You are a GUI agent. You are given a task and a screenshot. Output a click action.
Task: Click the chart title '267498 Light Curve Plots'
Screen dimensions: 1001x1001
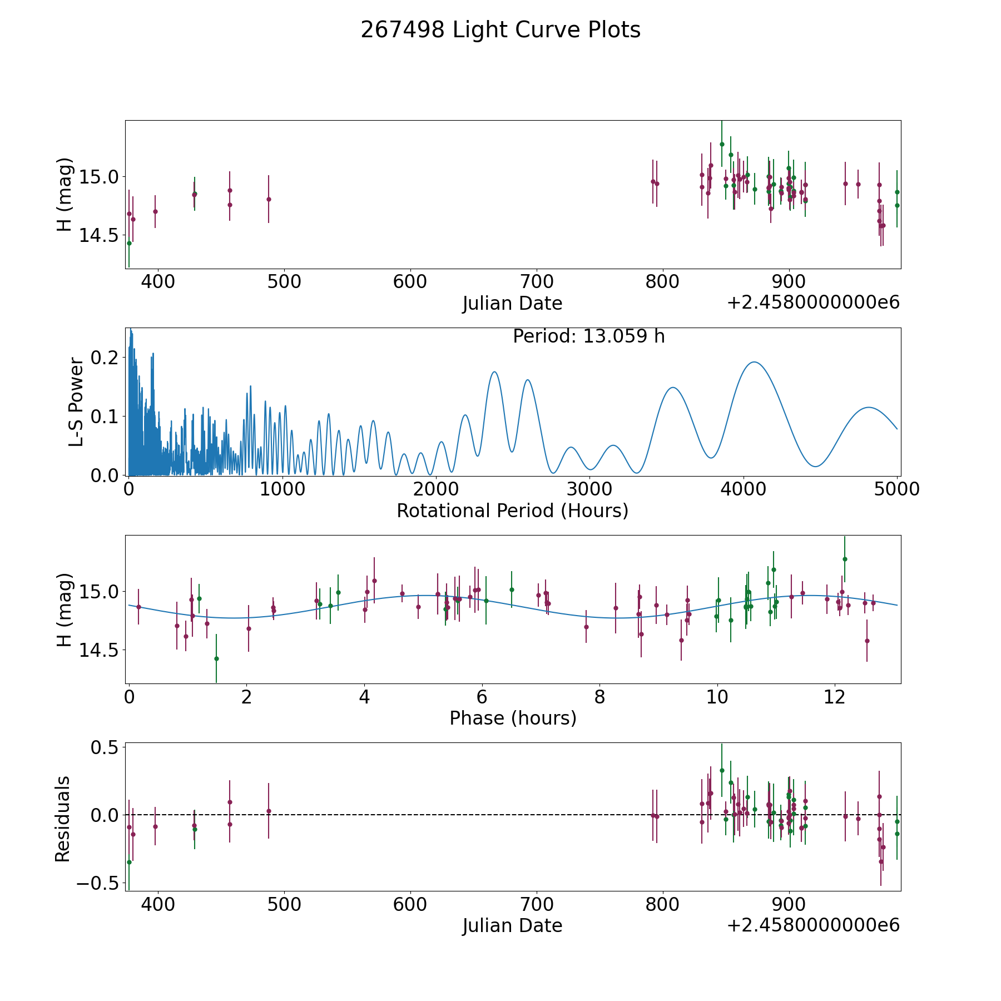(x=500, y=30)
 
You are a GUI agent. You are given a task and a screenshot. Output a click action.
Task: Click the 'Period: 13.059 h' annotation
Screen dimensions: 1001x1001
(x=588, y=336)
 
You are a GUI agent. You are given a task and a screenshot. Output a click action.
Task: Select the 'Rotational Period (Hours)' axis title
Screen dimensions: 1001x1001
(x=512, y=511)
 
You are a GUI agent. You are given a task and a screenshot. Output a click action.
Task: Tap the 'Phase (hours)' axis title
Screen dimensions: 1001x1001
(x=513, y=718)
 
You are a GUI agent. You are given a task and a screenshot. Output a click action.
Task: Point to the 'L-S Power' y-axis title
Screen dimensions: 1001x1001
(x=76, y=402)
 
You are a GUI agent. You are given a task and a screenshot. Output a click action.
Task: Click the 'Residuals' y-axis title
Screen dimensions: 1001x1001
(x=62, y=819)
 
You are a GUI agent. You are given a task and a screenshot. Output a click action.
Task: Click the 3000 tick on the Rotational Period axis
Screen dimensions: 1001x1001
(x=589, y=489)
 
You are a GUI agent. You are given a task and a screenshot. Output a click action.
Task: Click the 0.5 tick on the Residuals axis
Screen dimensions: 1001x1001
(x=106, y=747)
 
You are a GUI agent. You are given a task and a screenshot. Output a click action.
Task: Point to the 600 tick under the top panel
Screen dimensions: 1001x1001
(x=410, y=281)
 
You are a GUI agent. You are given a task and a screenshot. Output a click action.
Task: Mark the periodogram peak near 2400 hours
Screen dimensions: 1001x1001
(x=494, y=371)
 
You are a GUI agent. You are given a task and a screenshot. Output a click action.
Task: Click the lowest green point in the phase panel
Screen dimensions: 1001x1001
(x=216, y=658)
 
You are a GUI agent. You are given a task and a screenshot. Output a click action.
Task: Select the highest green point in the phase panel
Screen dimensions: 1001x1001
(x=844, y=559)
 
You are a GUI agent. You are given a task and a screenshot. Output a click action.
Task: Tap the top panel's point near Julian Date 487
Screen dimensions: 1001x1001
(x=269, y=199)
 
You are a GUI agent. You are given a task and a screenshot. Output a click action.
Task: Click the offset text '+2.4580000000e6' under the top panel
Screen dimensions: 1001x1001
(x=813, y=303)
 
